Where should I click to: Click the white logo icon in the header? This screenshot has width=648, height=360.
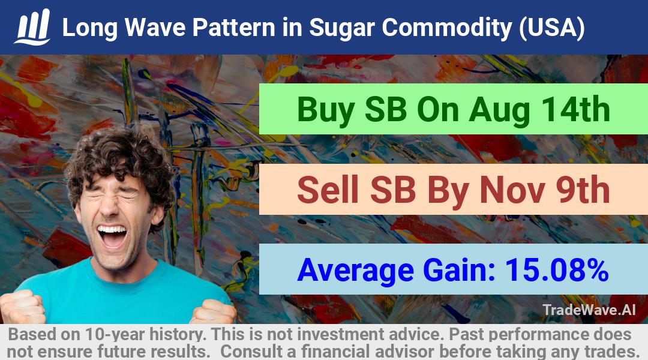(32, 27)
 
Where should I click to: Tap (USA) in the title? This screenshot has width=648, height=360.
(552, 28)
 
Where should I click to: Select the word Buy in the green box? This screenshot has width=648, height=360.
(326, 110)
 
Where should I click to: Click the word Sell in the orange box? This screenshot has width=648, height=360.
(328, 190)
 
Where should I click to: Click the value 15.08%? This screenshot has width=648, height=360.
(557, 269)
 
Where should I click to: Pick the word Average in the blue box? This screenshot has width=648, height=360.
(355, 271)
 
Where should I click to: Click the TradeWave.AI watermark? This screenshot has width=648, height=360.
(589, 310)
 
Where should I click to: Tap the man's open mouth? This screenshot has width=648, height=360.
(111, 236)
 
